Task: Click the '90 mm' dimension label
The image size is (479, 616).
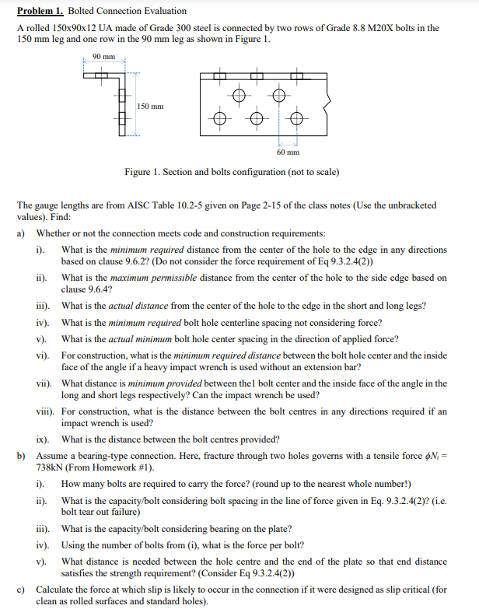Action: pyautogui.click(x=103, y=56)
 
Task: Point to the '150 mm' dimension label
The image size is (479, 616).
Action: pyautogui.click(x=151, y=106)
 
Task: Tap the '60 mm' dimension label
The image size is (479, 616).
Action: pyautogui.click(x=288, y=152)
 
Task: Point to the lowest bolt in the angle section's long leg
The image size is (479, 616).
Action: pyautogui.click(x=121, y=122)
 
